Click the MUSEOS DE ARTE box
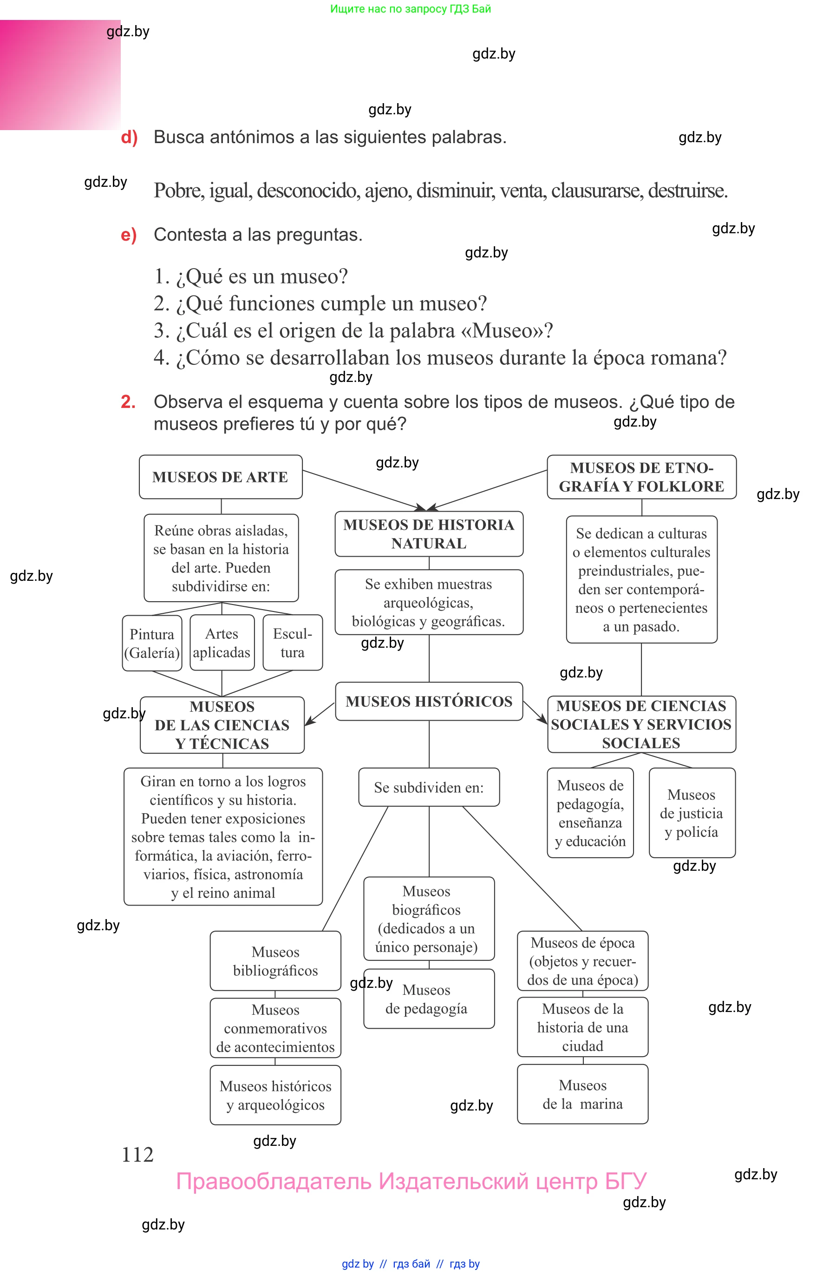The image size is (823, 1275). [220, 477]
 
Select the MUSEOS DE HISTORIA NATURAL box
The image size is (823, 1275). [429, 533]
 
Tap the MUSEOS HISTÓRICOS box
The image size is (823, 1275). [429, 701]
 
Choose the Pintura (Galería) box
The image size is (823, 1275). [152, 643]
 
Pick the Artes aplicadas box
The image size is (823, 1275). [222, 643]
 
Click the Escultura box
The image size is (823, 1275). [292, 643]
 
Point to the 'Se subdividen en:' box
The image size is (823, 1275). [429, 787]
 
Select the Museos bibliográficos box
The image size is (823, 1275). [275, 960]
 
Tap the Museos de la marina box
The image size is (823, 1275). [582, 1094]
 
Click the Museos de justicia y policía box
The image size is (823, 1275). [692, 813]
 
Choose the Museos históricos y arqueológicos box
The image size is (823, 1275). [275, 1095]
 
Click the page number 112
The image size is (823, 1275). [137, 1155]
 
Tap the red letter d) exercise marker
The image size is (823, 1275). [129, 138]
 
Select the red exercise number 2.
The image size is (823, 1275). [128, 401]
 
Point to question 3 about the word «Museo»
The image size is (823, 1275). [353, 330]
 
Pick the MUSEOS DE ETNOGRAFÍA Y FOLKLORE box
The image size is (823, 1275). [641, 477]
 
